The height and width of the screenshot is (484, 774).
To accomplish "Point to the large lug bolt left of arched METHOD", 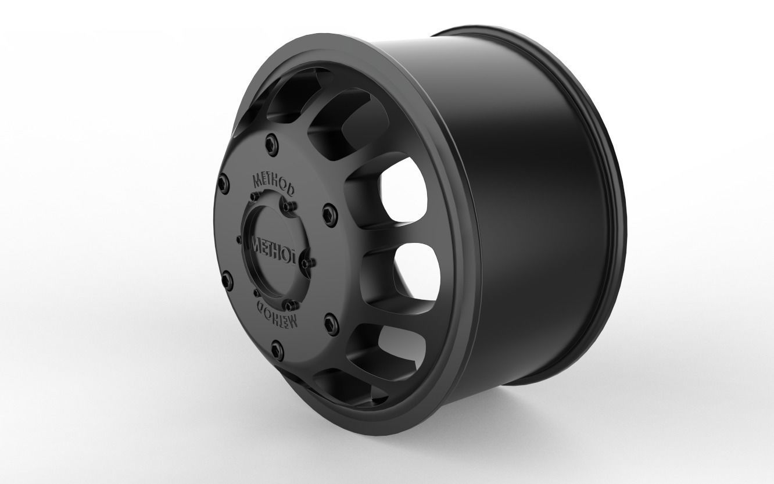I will (x=222, y=183).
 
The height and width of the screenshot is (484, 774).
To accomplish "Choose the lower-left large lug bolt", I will (x=225, y=278).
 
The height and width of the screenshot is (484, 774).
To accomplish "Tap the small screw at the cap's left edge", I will (x=239, y=239).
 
